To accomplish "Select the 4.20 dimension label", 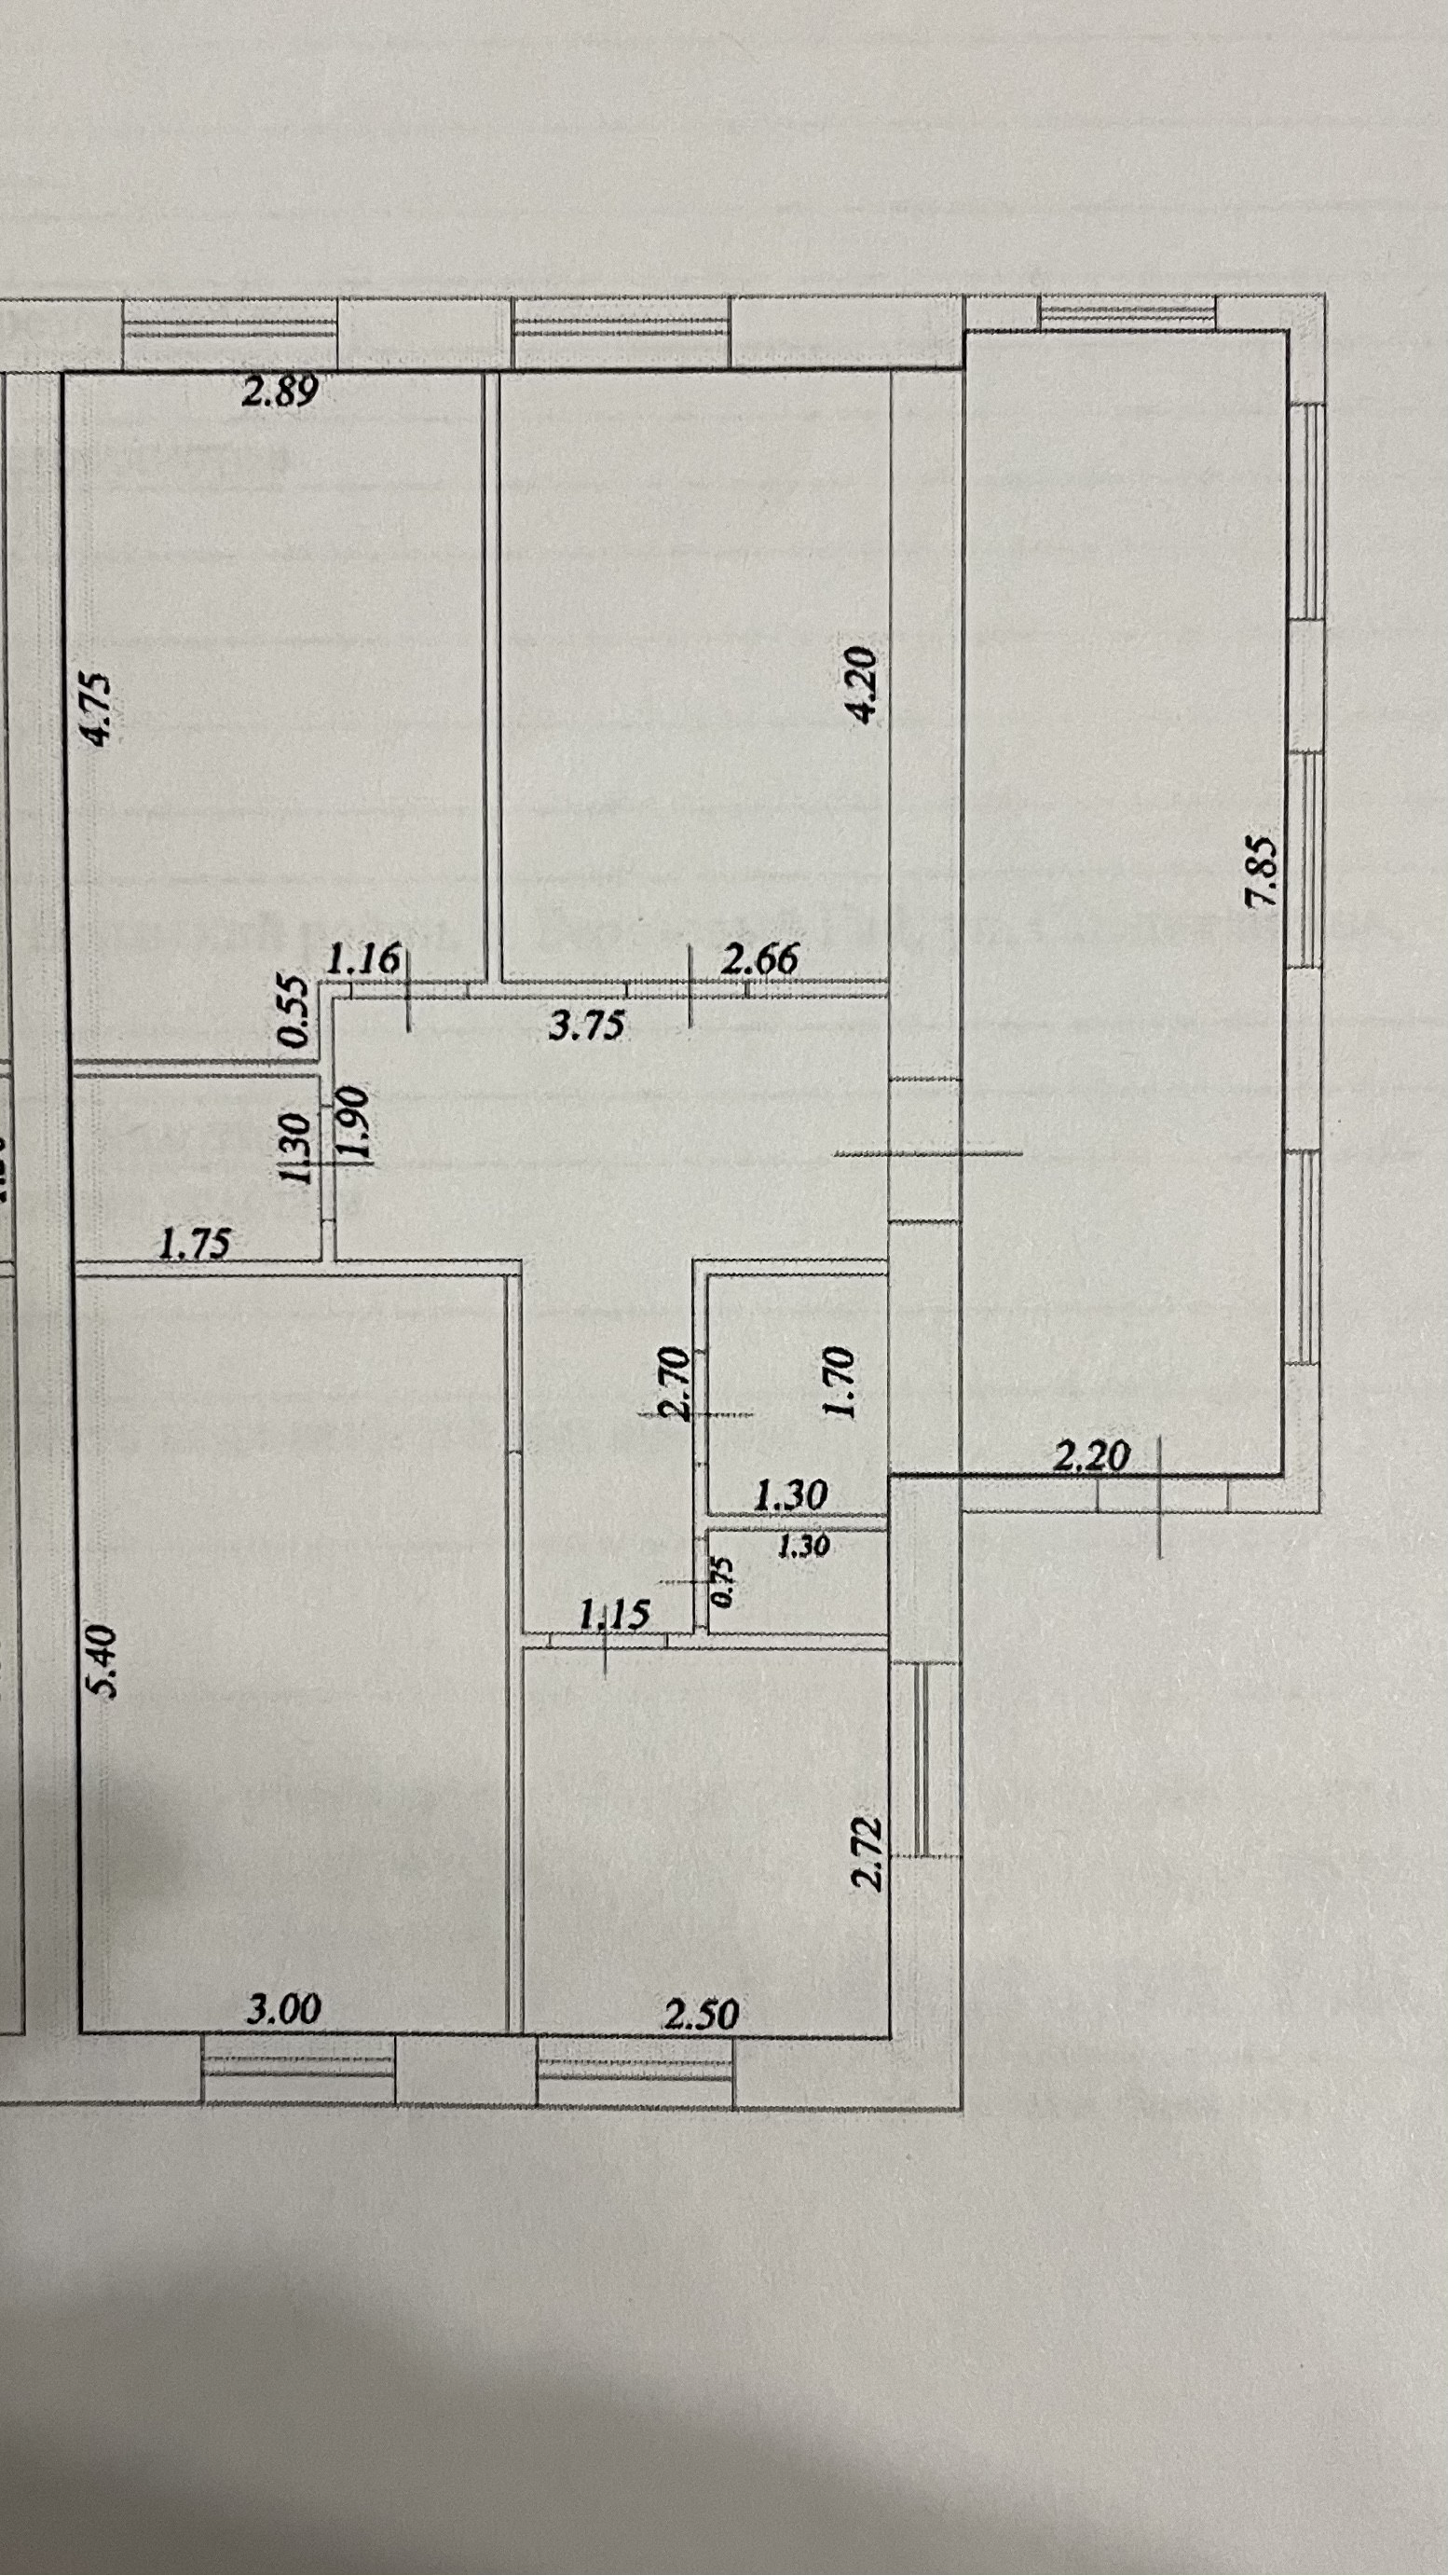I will pyautogui.click(x=860, y=683).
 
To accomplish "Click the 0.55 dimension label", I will pyautogui.click(x=294, y=1011).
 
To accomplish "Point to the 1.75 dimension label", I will pyautogui.click(x=195, y=1244).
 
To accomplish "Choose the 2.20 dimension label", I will pyautogui.click(x=1091, y=1455).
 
